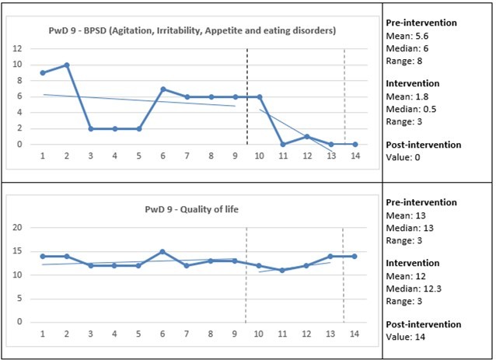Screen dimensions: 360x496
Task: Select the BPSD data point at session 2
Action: (x=67, y=65)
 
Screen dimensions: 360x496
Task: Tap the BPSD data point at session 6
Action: (x=163, y=89)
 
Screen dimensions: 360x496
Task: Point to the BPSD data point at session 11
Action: (x=284, y=145)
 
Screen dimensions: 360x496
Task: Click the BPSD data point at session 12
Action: (x=308, y=137)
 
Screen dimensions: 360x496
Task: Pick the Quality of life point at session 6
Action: (x=163, y=251)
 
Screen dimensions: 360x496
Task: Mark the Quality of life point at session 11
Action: (x=284, y=270)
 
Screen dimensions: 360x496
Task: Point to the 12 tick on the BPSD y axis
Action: (x=16, y=48)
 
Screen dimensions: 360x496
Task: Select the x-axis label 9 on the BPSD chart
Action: (x=236, y=155)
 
